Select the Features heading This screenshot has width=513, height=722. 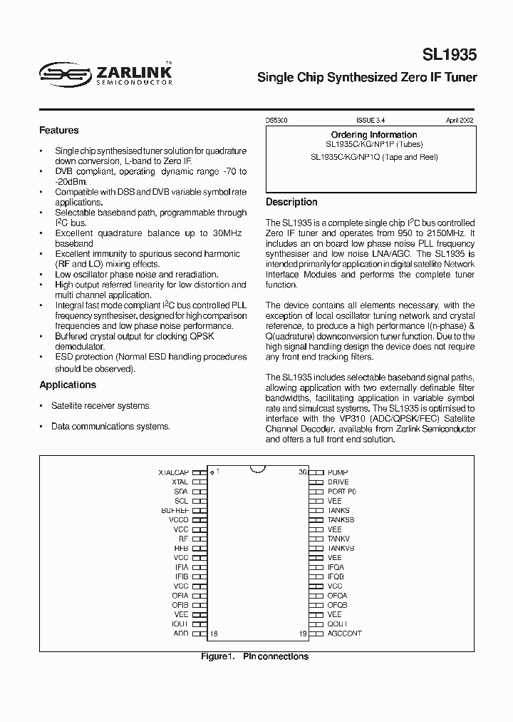coord(58,131)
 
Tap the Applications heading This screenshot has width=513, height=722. coord(68,385)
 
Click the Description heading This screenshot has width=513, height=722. coord(291,202)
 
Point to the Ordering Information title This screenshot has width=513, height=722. coord(374,135)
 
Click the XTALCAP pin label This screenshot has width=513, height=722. coord(173,472)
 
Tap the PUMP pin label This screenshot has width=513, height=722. coord(338,472)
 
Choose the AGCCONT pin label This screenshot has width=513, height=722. coord(344,633)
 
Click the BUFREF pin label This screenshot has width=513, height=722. coord(175,511)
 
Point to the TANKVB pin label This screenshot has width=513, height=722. coord(341,548)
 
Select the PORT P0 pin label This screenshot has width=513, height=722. coord(341,492)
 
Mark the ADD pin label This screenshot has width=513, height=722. coord(181,633)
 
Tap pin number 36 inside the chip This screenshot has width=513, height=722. coord(303,472)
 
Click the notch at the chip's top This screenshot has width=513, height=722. coord(257,469)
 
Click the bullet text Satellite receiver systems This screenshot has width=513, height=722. coord(100,405)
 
